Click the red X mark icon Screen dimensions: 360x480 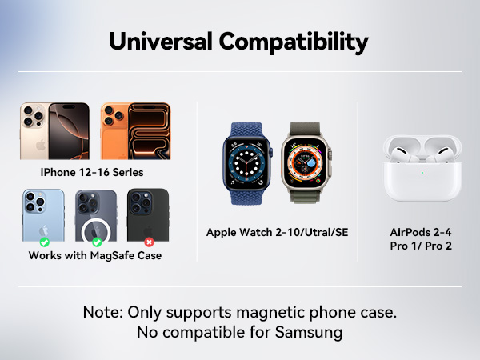(148, 242)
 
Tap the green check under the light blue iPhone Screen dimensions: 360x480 (45, 242)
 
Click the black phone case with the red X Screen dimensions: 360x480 (148, 216)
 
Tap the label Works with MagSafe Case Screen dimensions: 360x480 (94, 256)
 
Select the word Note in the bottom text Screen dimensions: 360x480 (102, 312)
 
